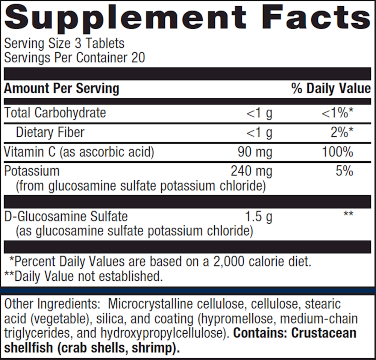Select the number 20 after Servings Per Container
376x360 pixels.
tap(138, 58)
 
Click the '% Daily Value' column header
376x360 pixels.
tap(331, 88)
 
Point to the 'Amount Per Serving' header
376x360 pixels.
tap(61, 88)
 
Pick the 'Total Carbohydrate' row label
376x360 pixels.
tap(55, 112)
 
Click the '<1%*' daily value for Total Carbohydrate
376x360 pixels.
tap(338, 113)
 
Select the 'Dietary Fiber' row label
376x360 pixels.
tap(50, 132)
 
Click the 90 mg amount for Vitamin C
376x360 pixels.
tap(255, 152)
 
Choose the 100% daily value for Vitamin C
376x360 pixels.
tap(337, 152)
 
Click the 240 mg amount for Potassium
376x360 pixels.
tap(251, 171)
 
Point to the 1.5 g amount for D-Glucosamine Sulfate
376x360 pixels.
tap(258, 216)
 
